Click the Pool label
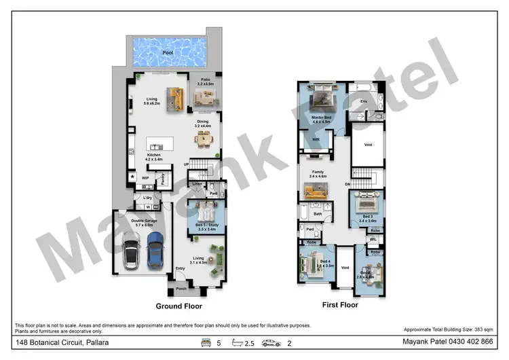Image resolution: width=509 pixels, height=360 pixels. click(167, 52)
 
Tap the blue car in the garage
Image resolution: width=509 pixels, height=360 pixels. click(155, 249)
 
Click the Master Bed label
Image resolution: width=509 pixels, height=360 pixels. click(321, 118)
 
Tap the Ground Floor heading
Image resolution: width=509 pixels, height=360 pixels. click(179, 306)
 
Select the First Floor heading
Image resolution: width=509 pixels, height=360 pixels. click(339, 305)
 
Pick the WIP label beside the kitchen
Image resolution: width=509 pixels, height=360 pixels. click(145, 178)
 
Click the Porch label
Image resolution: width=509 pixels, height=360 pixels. click(181, 288)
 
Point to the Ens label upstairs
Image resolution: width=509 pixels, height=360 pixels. click(364, 102)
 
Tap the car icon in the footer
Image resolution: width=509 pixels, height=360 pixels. click(271, 343)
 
